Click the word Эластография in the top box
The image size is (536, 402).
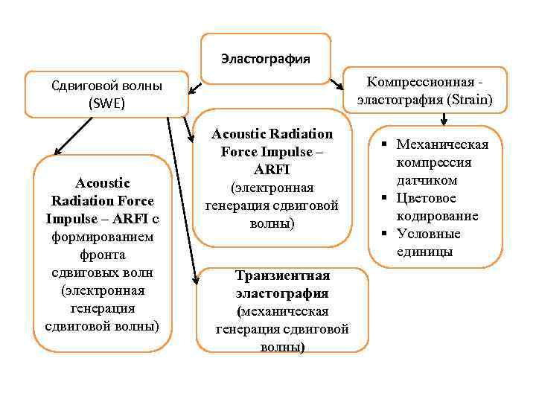pos(265,58)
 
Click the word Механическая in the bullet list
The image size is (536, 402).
pos(442,144)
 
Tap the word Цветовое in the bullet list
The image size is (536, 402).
pos(427,198)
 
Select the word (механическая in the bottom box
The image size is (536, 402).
pos(282,311)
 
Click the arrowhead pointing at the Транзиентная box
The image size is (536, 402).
pos(196,281)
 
